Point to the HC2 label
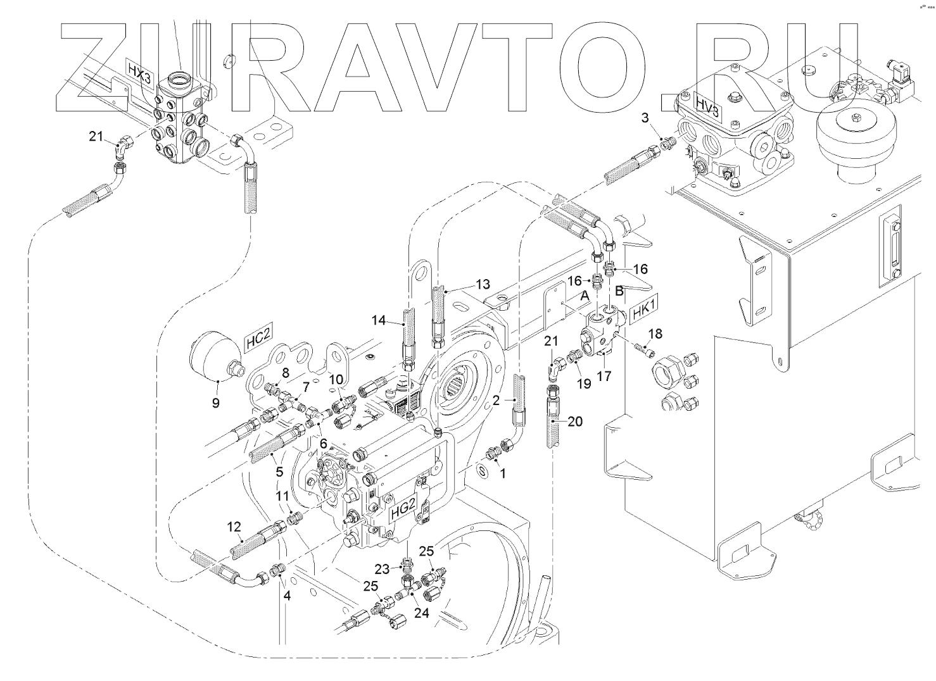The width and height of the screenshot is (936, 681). coord(258,340)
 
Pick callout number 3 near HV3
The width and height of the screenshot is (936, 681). coord(645,117)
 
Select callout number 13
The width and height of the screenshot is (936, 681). coord(483,284)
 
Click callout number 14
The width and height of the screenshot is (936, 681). coord(379,321)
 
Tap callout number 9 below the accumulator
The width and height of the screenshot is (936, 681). coord(216,402)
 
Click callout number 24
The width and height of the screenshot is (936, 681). coord(422,613)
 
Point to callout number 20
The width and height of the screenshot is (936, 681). coord(575,421)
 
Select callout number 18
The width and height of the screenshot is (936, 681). coord(655,334)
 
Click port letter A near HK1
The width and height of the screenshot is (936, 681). coord(584,294)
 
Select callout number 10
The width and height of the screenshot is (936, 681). coord(336,379)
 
